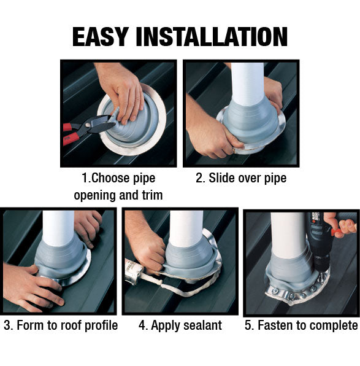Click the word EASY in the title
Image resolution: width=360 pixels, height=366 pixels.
tap(101, 37)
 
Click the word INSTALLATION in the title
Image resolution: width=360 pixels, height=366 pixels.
tap(212, 37)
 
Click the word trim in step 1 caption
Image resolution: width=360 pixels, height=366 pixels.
tap(152, 195)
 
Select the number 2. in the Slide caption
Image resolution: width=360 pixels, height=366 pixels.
tap(201, 178)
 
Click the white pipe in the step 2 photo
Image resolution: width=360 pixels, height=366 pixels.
tap(248, 84)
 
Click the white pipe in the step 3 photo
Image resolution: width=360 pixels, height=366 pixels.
tap(58, 228)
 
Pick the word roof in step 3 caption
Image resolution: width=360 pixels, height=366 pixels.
tap(71, 325)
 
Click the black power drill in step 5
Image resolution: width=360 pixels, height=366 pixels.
tap(320, 243)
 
